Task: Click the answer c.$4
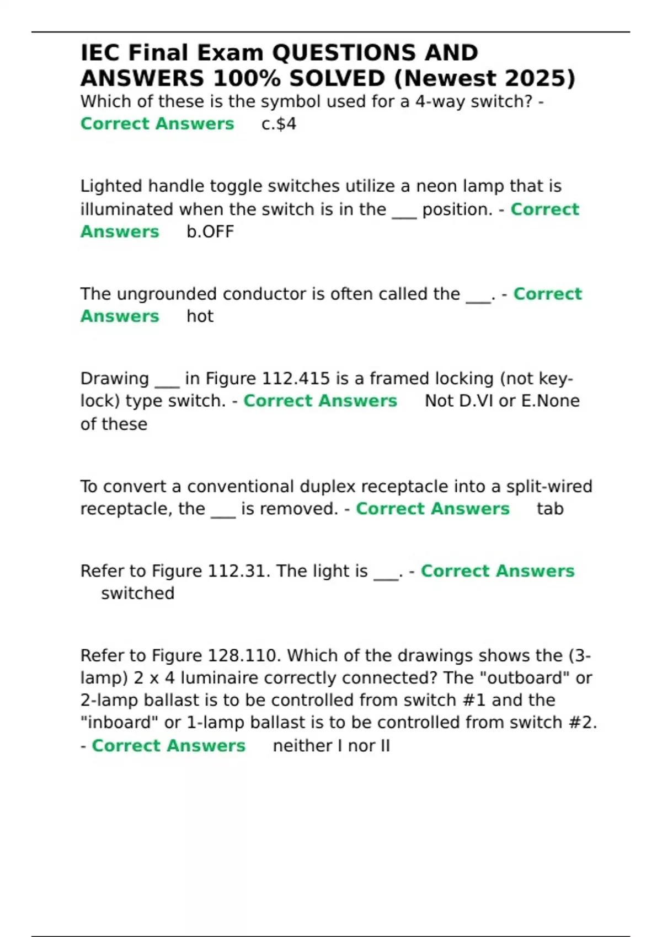pos(279,124)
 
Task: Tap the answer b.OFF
pos(210,231)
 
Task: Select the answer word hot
pos(200,316)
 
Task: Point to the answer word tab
pos(550,509)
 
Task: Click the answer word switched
pos(138,594)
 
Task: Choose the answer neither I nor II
pos(331,746)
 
